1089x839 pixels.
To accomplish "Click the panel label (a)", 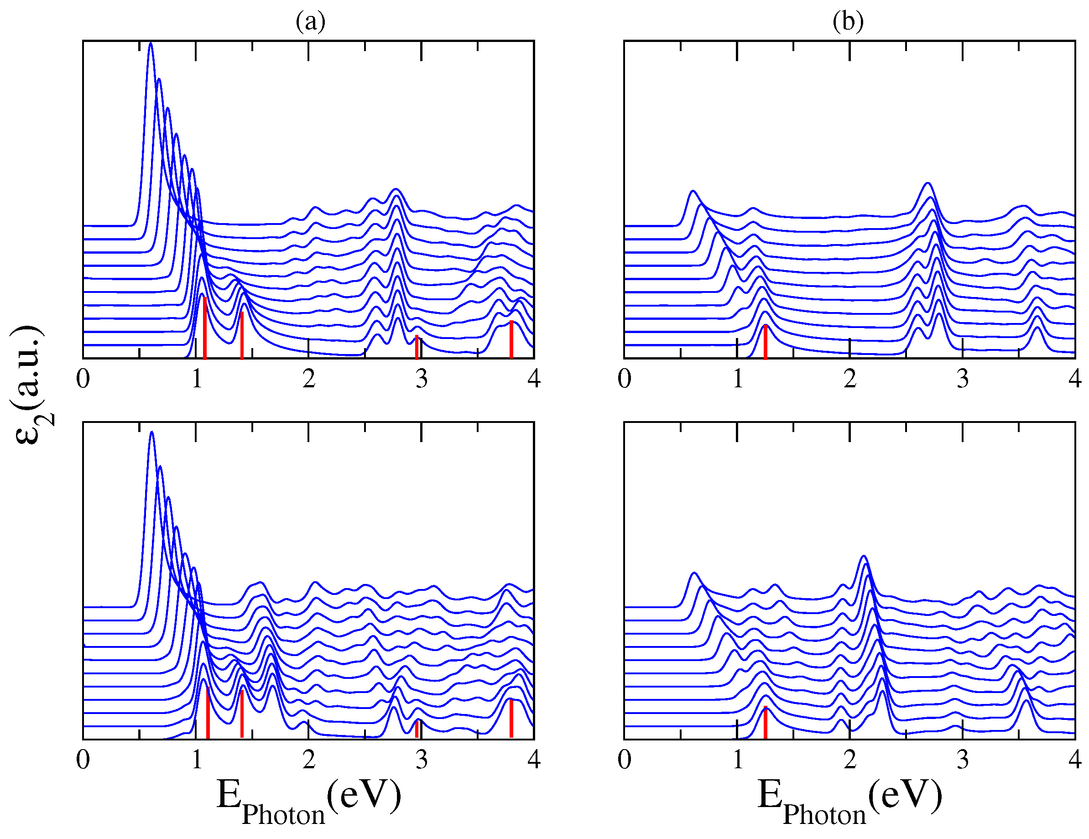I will [x=310, y=21].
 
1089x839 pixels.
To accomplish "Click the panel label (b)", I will [x=848, y=21].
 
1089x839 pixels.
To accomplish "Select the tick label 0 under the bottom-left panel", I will [x=83, y=760].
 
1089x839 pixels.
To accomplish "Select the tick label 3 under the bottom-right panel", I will [x=962, y=760].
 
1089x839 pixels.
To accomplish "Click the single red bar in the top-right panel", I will [x=766, y=341].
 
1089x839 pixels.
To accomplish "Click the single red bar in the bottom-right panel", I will [x=766, y=722].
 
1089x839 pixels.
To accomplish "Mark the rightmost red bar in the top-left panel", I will [x=511, y=339].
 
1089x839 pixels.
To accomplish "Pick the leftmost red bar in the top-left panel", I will [x=205, y=328].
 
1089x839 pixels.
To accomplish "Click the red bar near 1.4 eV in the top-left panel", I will [x=242, y=335].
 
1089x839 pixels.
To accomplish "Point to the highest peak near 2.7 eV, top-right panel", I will [x=927, y=184].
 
